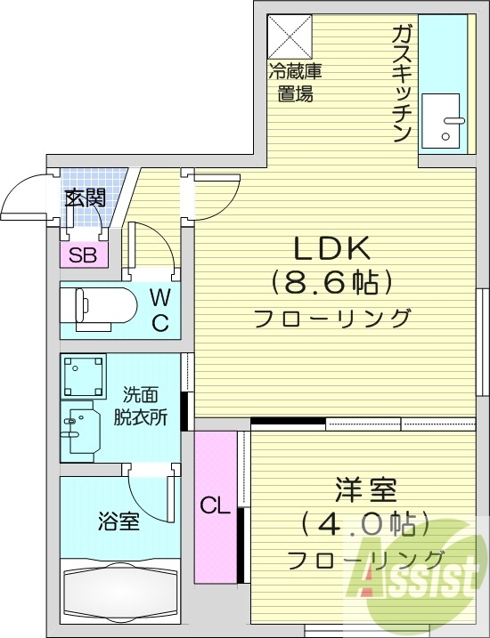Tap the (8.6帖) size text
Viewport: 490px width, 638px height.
332,284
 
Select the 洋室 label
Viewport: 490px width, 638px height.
365,490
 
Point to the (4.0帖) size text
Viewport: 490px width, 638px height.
365,524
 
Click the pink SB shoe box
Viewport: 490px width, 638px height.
84,256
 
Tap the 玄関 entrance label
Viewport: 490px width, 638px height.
86,198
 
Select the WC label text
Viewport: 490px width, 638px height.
159,309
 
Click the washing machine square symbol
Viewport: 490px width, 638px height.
84,376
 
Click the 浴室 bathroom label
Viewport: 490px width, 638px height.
118,521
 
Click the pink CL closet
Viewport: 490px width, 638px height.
215,507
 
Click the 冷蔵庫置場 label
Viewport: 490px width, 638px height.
294,83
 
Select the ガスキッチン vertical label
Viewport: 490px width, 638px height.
400,85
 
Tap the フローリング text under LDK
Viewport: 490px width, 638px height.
332,318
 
